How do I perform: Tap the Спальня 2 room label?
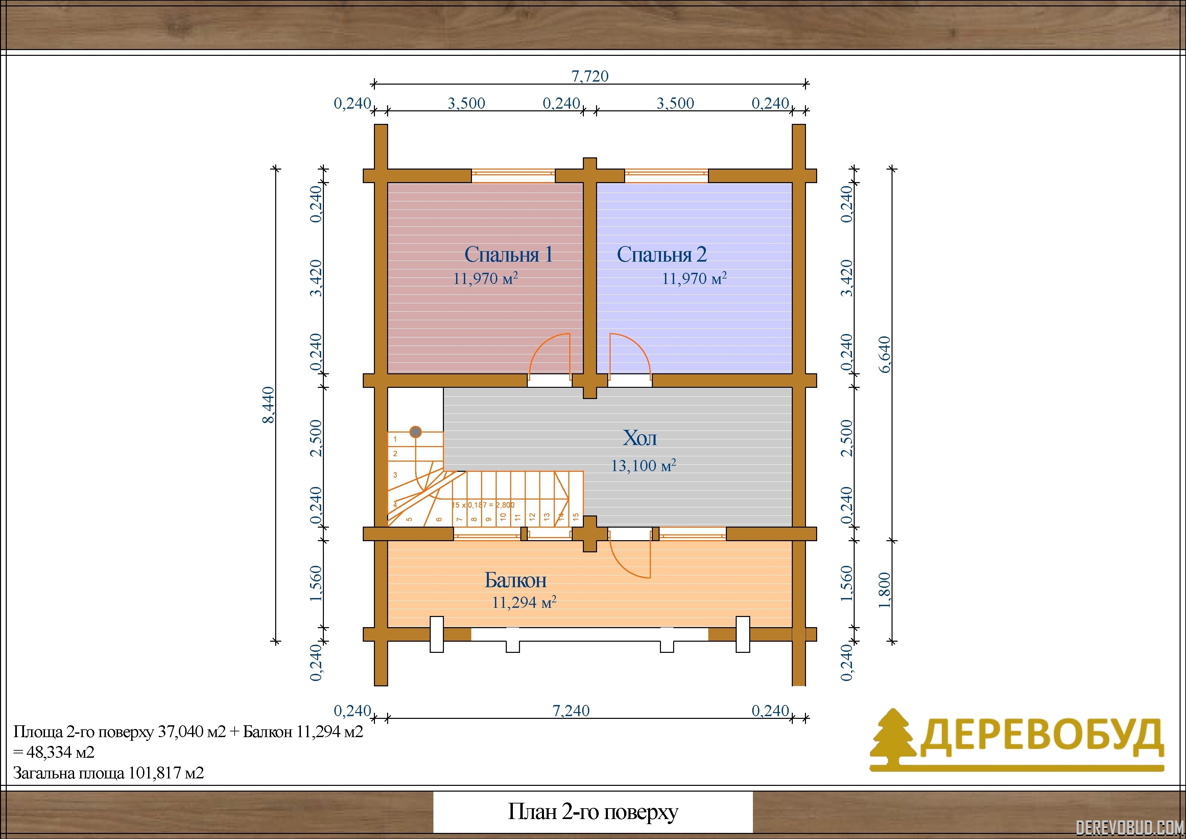click(x=662, y=254)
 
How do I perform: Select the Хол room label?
click(x=640, y=438)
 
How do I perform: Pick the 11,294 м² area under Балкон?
click(x=524, y=602)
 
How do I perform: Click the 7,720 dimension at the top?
click(x=590, y=76)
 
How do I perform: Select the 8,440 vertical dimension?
click(x=268, y=405)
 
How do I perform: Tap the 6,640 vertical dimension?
click(x=885, y=355)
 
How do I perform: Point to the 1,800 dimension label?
click(x=885, y=591)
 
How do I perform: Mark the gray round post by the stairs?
click(x=415, y=432)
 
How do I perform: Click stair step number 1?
click(x=395, y=439)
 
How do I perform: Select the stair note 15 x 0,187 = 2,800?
click(x=483, y=505)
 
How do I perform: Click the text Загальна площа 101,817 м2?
click(x=109, y=773)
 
